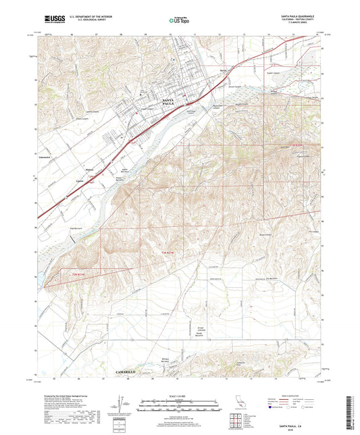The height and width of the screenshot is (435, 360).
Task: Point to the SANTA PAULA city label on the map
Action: (174, 103)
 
